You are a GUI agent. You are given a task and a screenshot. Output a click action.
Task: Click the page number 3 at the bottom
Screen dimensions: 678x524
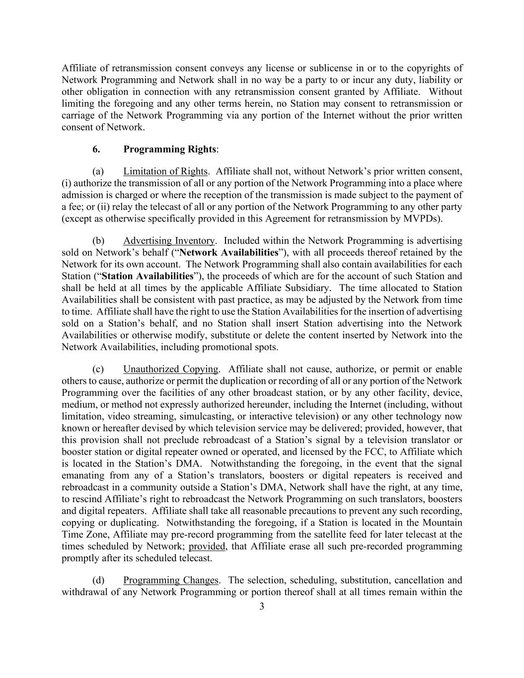pos(262,606)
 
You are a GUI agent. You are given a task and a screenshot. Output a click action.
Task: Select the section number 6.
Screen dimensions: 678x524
pos(96,149)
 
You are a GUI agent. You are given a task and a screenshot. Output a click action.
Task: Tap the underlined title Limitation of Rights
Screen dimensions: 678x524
pos(165,171)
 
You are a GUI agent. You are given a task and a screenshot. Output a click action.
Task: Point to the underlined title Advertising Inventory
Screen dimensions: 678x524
pos(169,240)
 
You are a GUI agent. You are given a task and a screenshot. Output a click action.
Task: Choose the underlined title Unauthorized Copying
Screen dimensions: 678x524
pos(170,369)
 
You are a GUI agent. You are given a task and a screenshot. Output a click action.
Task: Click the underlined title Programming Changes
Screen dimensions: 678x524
pos(170,580)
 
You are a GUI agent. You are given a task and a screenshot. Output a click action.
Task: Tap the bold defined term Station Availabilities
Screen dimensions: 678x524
pos(147,276)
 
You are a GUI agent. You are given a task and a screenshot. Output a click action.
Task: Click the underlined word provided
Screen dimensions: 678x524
pos(207,546)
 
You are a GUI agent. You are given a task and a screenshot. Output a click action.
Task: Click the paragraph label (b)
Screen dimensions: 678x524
pos(98,240)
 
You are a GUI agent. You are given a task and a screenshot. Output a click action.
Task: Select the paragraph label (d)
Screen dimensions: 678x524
pos(98,580)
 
